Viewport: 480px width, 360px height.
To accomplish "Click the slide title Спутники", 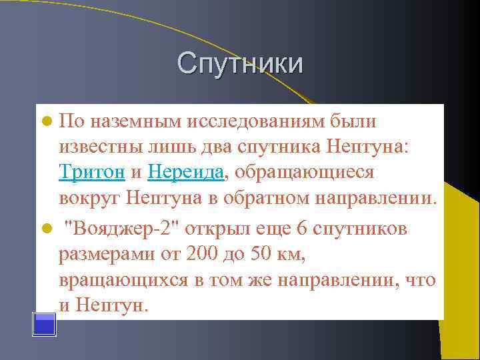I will (240, 63).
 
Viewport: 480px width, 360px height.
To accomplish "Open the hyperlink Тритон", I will (92, 173).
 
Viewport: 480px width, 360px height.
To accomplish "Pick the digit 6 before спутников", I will (301, 228).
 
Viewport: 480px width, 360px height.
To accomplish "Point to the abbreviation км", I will (292, 254).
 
